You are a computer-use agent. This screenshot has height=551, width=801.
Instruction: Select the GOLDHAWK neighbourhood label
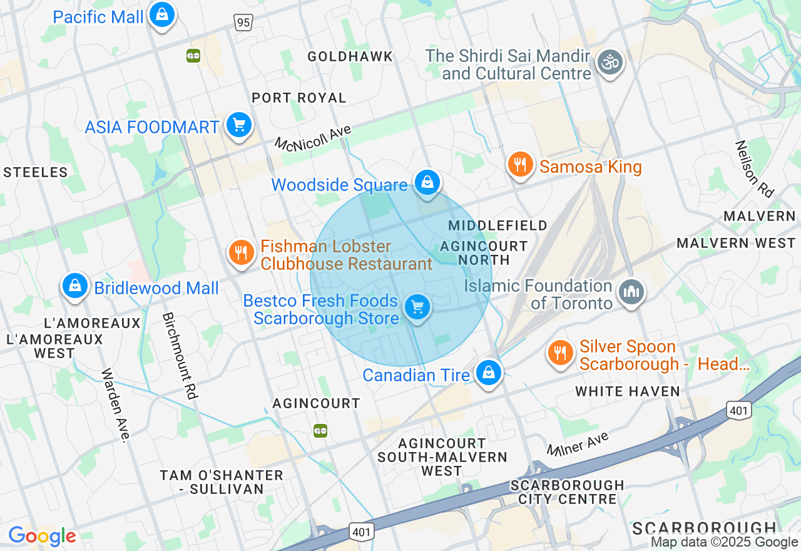(350, 56)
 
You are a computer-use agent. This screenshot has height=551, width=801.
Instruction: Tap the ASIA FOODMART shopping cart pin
(238, 125)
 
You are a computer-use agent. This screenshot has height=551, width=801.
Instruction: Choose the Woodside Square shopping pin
(427, 183)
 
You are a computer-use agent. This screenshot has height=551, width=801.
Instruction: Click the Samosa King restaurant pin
(520, 165)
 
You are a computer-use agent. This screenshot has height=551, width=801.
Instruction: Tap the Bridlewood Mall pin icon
(75, 286)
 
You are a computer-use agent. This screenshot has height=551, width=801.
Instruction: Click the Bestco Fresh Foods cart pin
(417, 307)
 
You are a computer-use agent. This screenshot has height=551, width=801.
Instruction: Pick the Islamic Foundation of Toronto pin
(631, 292)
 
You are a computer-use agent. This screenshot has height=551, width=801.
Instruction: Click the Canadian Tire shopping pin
(488, 373)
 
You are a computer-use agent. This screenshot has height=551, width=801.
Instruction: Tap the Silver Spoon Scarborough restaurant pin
(561, 353)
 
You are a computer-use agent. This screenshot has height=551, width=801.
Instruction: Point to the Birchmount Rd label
(180, 356)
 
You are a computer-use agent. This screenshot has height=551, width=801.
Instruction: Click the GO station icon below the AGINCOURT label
(320, 431)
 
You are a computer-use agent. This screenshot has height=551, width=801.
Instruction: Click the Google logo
(42, 537)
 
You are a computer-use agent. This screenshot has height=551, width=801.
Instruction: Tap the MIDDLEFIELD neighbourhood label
(497, 225)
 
